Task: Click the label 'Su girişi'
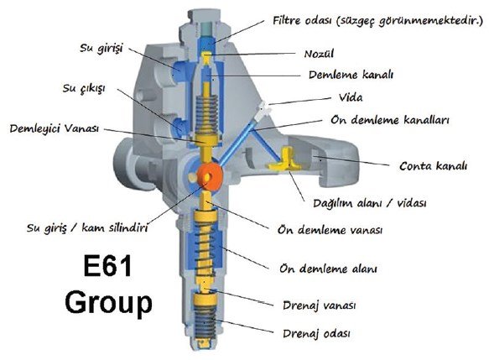[x=101, y=49]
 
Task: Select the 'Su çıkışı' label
[x=84, y=89]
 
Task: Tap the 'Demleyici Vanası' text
[x=55, y=128]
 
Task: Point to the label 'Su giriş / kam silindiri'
[x=87, y=227]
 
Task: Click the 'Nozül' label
[x=319, y=54]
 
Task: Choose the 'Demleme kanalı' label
[x=351, y=75]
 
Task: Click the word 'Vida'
[x=351, y=97]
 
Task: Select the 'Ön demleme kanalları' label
[x=390, y=120]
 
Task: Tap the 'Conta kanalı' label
[x=433, y=165]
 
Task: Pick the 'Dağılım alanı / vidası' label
[x=370, y=203]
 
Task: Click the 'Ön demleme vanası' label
[x=330, y=230]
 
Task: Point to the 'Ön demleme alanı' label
[x=328, y=269]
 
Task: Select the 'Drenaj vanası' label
[x=319, y=305]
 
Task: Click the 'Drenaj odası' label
[x=316, y=333]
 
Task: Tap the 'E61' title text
[x=107, y=266]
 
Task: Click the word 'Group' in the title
[x=108, y=302]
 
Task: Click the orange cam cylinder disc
[x=208, y=176]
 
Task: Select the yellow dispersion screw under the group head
[x=285, y=159]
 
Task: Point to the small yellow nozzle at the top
[x=206, y=59]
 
